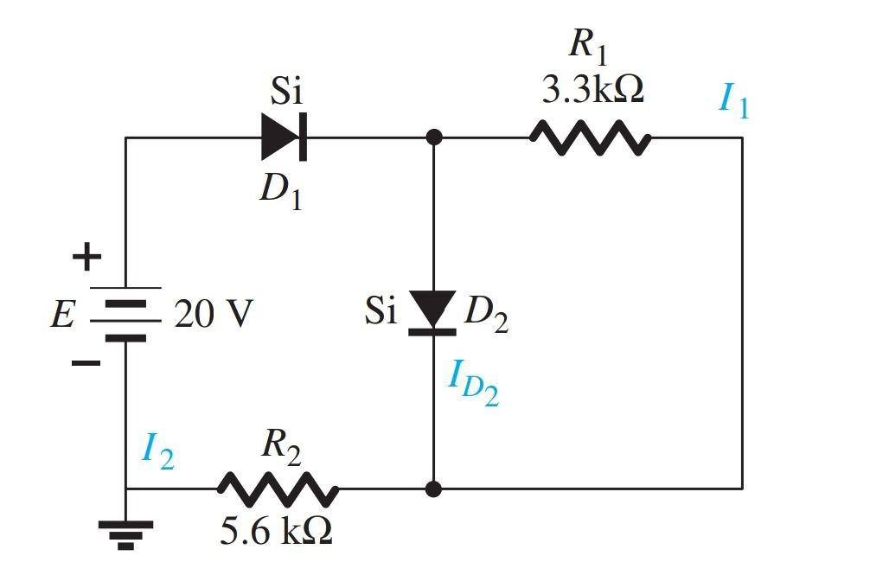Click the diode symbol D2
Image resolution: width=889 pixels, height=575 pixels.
point(432,310)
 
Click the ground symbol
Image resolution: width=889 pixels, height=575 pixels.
point(125,532)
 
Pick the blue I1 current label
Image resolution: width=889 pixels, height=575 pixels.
point(733,101)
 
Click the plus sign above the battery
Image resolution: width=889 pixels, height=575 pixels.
point(86,256)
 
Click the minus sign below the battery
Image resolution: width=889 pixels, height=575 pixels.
point(86,363)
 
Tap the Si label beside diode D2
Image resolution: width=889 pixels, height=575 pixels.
point(380,311)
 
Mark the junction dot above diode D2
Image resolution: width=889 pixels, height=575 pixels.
point(434,137)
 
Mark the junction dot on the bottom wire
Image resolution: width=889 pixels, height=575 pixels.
point(434,489)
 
